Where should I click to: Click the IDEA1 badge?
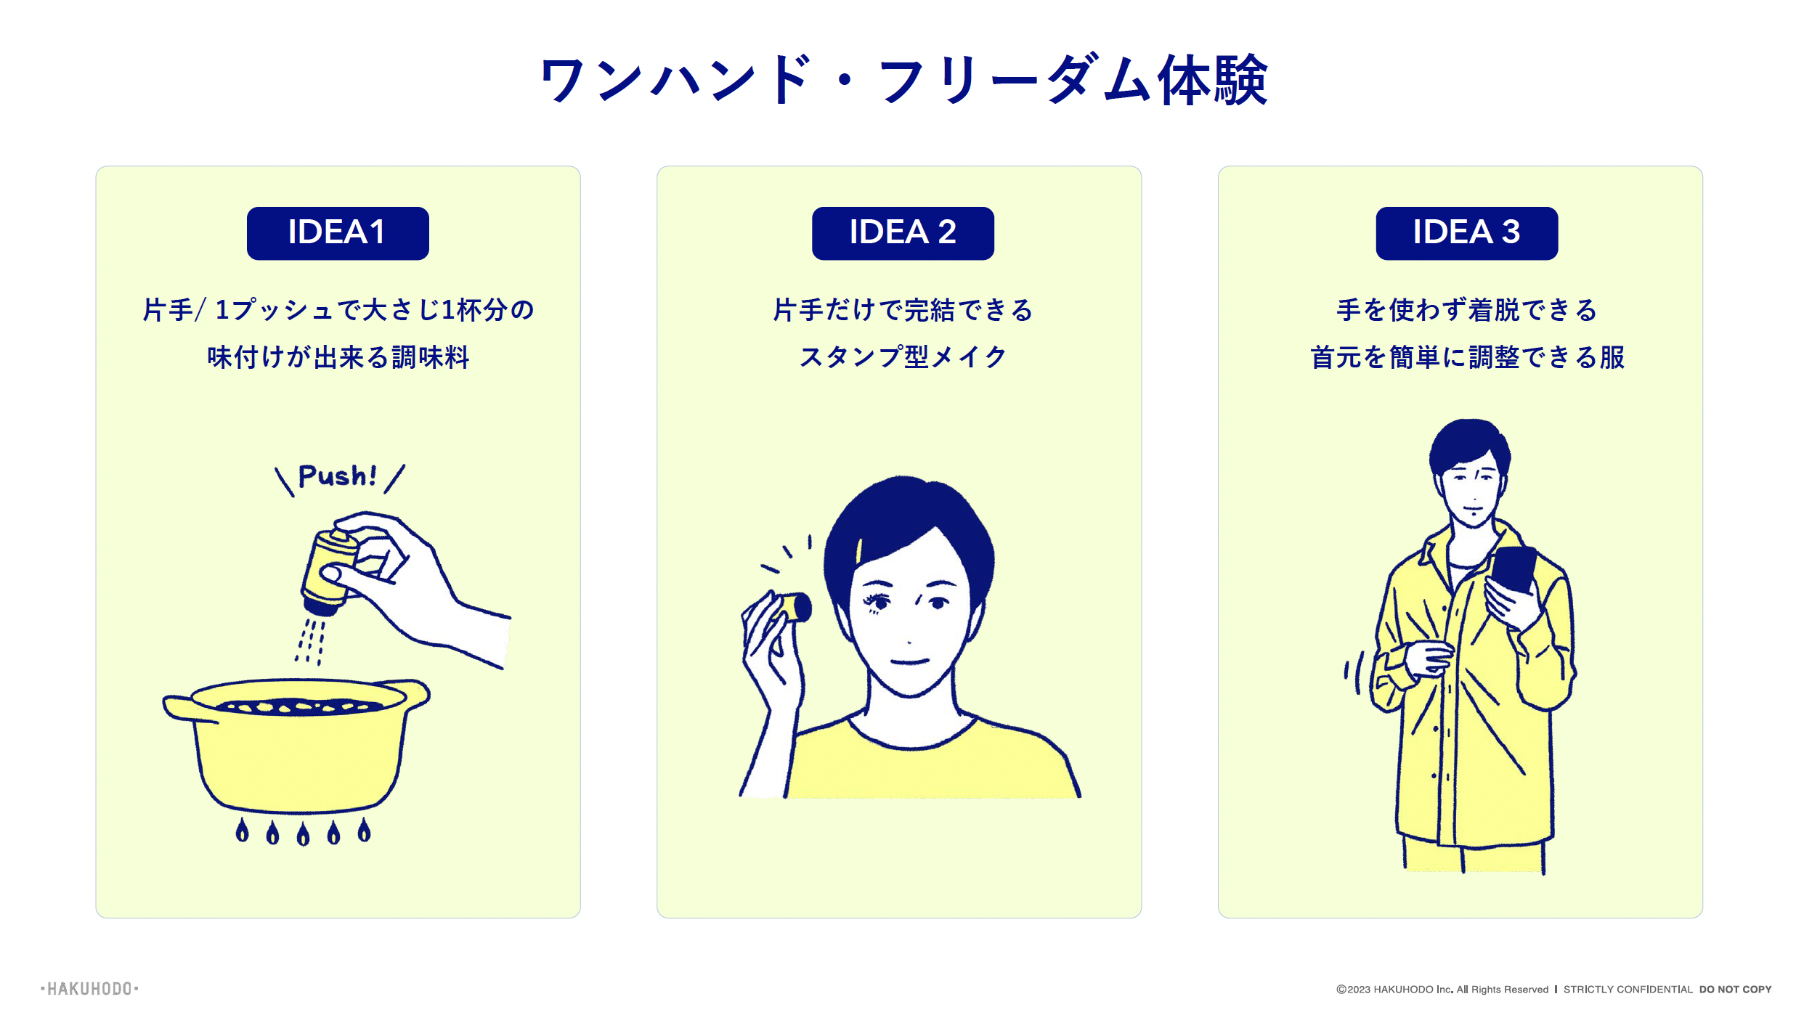[338, 233]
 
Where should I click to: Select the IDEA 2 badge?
[903, 233]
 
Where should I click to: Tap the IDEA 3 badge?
[1466, 233]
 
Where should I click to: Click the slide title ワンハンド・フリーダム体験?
[903, 80]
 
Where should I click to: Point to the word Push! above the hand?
[338, 476]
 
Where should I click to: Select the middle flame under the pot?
[303, 833]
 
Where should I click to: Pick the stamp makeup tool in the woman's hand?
[793, 608]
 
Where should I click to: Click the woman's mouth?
[910, 661]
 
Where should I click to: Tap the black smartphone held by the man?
[1514, 569]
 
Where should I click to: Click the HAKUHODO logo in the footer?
[89, 989]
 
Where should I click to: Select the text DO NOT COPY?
[1735, 990]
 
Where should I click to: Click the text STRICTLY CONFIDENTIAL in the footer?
[1628, 990]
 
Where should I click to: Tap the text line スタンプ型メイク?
[903, 356]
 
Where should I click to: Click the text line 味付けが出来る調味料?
[338, 356]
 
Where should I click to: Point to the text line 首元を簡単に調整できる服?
[1467, 356]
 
